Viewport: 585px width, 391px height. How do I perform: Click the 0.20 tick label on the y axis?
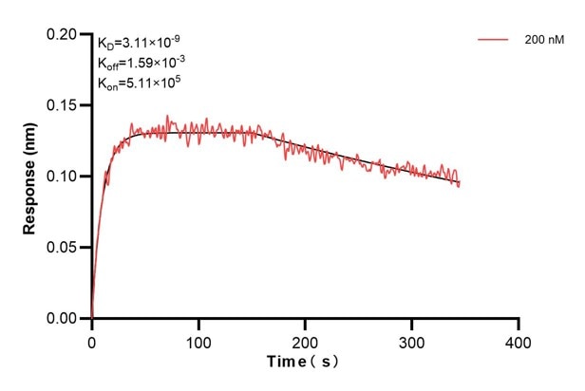point(66,34)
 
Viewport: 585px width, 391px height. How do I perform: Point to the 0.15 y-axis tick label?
point(66,105)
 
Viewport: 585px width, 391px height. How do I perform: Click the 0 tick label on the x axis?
point(92,339)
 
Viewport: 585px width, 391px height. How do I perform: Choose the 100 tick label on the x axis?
point(198,339)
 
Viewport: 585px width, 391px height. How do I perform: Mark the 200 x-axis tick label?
point(305,339)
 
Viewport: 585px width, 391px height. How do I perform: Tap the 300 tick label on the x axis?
point(411,339)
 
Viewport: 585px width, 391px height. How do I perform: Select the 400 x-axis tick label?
point(518,339)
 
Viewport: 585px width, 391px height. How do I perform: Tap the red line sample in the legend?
point(494,40)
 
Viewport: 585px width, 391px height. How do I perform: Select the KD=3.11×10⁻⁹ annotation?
point(139,42)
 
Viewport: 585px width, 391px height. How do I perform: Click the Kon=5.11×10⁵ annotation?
point(139,83)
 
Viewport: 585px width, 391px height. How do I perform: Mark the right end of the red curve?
point(460,184)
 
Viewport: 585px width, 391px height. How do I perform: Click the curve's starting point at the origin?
point(92,318)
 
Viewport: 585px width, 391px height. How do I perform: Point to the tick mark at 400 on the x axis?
point(518,323)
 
